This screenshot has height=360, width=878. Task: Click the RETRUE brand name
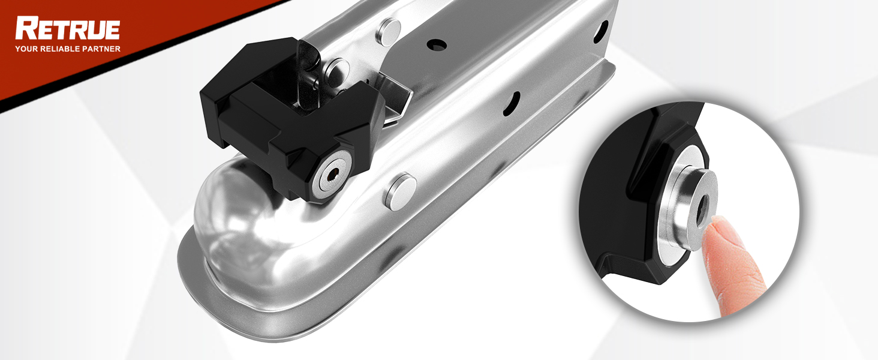click(x=67, y=29)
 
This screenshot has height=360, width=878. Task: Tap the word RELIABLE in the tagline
click(x=60, y=49)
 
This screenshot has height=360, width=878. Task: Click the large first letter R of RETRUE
click(x=25, y=29)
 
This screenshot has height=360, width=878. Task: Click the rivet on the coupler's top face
click(x=389, y=31)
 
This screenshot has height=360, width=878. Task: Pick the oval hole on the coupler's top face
click(x=438, y=44)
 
